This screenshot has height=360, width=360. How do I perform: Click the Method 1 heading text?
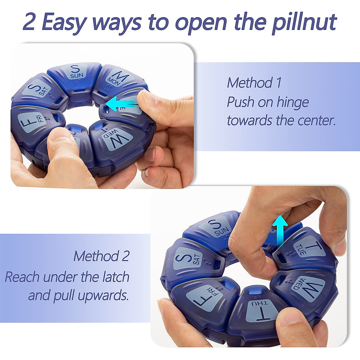click(254, 83)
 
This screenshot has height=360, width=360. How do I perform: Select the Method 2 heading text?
click(101, 256)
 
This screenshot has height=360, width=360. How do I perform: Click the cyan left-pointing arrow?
click(121, 104)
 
